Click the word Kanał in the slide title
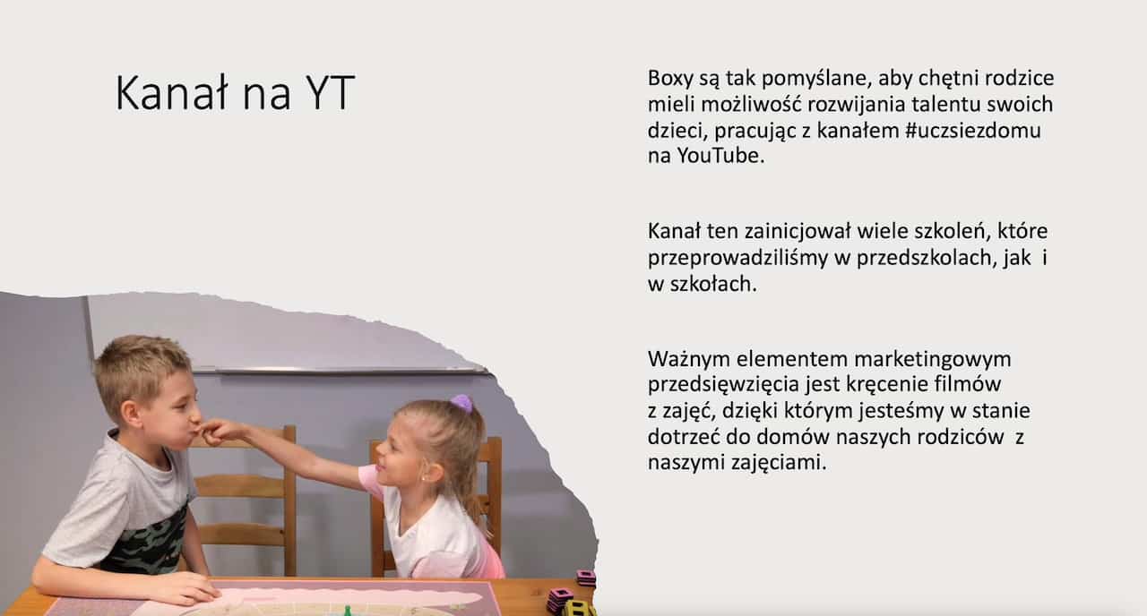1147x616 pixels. pyautogui.click(x=165, y=94)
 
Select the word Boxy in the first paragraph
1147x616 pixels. pyautogui.click(x=671, y=78)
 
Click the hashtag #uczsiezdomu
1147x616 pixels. pyautogui.click(x=973, y=130)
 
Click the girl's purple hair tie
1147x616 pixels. pyautogui.click(x=461, y=403)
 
